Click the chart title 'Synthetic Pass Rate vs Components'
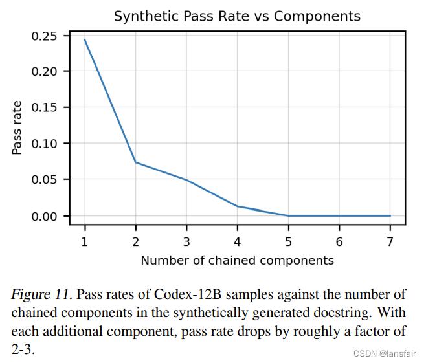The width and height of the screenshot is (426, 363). click(237, 16)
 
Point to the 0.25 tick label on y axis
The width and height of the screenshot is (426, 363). click(46, 35)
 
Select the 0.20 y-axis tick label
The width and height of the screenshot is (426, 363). click(46, 71)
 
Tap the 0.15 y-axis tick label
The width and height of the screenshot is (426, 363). click(46, 107)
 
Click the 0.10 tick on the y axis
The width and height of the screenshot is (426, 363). click(46, 144)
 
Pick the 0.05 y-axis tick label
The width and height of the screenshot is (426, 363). click(46, 179)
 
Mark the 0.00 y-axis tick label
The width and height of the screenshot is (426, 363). click(46, 215)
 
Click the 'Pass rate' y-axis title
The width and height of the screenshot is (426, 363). click(17, 127)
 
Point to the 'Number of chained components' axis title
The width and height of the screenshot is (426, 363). click(237, 261)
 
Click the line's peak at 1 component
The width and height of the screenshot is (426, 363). click(85, 40)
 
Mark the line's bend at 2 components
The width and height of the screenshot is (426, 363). click(135, 162)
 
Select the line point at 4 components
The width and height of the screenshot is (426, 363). click(237, 206)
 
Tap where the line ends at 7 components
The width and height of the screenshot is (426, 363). click(390, 215)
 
